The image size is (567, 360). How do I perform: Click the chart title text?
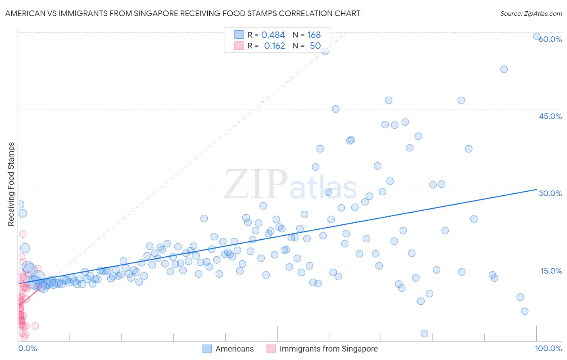[183, 13]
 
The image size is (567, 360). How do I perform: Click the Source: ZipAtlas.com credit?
[531, 13]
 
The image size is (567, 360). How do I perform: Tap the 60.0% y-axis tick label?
[550, 39]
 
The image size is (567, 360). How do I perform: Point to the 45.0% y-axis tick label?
[550, 116]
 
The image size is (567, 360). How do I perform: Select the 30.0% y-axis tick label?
[550, 193]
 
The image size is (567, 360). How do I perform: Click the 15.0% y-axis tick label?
[551, 271]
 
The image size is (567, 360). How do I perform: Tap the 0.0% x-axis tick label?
[27, 349]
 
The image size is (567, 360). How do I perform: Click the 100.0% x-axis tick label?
[548, 349]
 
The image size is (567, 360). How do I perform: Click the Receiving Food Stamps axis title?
[11, 184]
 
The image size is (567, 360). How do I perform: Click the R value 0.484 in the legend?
[273, 35]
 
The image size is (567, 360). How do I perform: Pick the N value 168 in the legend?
[314, 35]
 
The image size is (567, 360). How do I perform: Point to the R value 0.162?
[274, 46]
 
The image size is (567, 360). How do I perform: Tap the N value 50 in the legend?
[315, 46]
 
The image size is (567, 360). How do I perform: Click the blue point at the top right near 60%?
[537, 36]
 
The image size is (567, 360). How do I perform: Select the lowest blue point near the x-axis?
[424, 333]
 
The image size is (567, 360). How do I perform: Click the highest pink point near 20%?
[23, 234]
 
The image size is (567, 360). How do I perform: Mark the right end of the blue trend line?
[536, 189]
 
